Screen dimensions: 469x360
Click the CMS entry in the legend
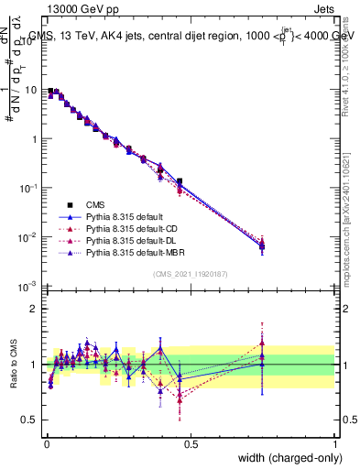point(95,203)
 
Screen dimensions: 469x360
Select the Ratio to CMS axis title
point(13,365)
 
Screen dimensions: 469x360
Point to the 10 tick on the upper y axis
point(33,90)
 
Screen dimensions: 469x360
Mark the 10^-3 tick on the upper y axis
point(31,286)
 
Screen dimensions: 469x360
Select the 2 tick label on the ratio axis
point(37,309)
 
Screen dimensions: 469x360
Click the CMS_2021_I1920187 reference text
point(191,274)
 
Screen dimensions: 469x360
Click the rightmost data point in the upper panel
point(262,245)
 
